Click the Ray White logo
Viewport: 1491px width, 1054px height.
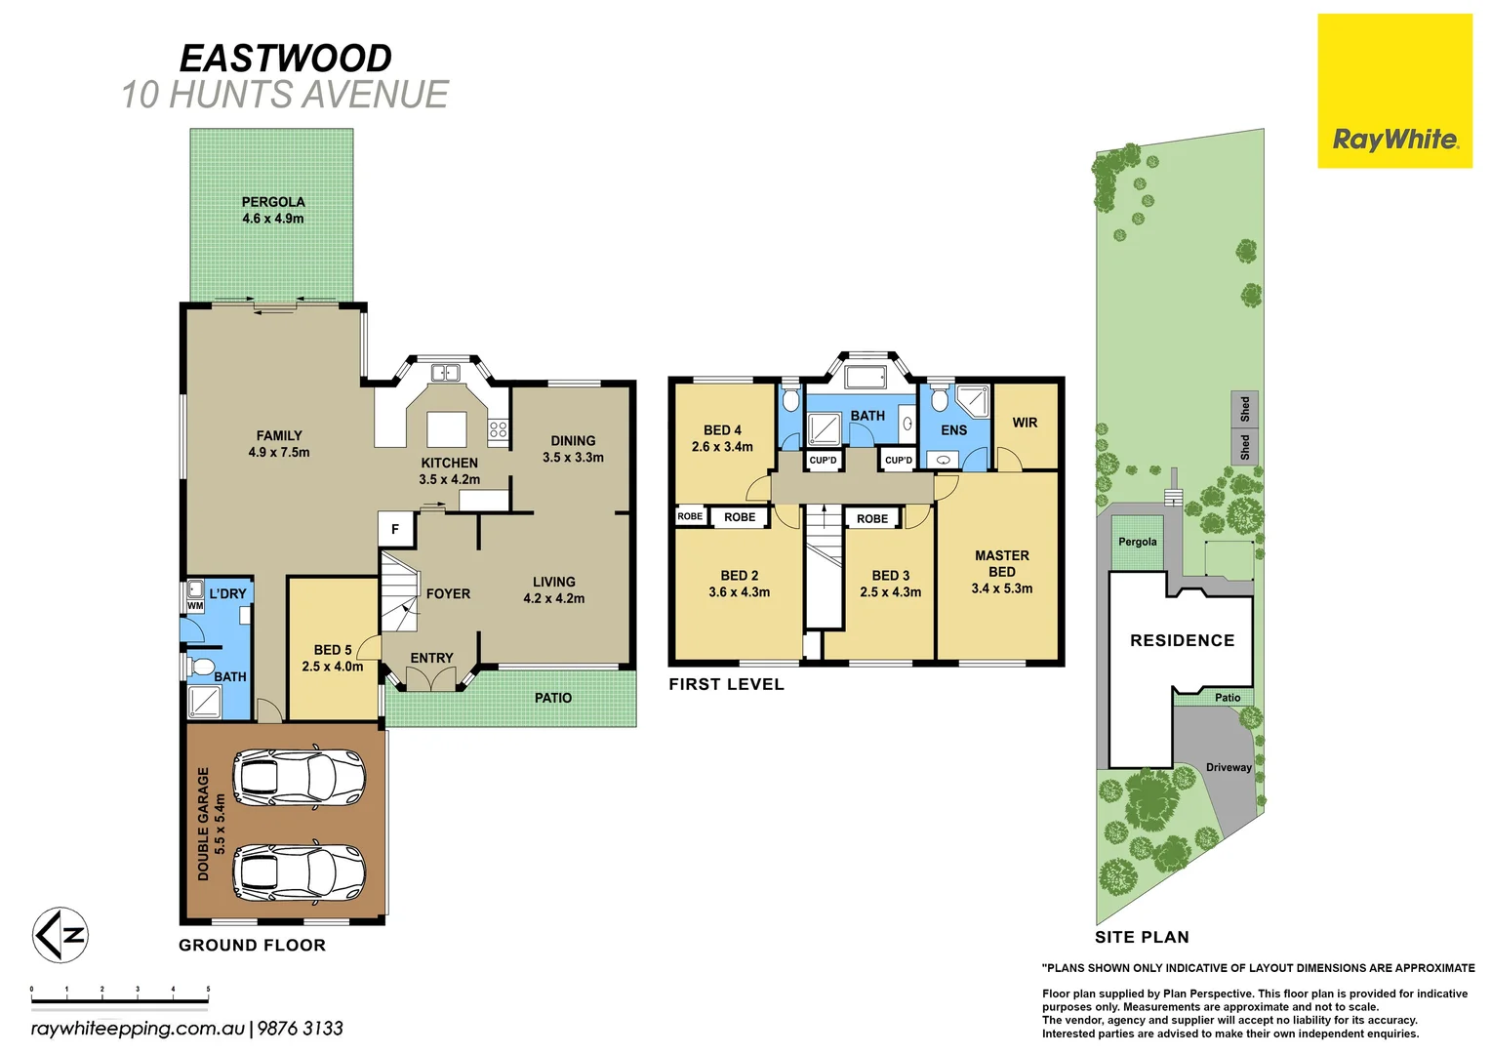pyautogui.click(x=1394, y=140)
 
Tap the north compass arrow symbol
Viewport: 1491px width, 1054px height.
pyautogui.click(x=60, y=935)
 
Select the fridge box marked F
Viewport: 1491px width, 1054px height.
pyautogui.click(x=396, y=529)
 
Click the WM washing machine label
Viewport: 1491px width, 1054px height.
pyautogui.click(x=195, y=606)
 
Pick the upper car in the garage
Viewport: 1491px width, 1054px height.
pyautogui.click(x=299, y=777)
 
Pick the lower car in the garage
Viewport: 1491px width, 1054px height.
pyautogui.click(x=299, y=871)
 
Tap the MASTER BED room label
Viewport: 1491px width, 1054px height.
pyautogui.click(x=1001, y=563)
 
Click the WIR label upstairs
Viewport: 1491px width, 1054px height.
pyautogui.click(x=1025, y=423)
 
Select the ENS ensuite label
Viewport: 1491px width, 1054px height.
pyautogui.click(x=953, y=430)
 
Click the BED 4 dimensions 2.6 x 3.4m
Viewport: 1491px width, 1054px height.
pyautogui.click(x=722, y=447)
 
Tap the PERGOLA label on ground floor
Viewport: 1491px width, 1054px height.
pyautogui.click(x=273, y=202)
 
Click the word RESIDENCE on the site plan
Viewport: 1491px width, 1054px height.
pyautogui.click(x=1182, y=640)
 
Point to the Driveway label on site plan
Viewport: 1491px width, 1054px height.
pyautogui.click(x=1228, y=767)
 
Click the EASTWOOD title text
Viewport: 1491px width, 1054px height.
pyautogui.click(x=286, y=59)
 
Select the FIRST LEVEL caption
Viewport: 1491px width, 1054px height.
pyautogui.click(x=726, y=684)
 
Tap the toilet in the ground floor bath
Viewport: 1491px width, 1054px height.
pyautogui.click(x=202, y=668)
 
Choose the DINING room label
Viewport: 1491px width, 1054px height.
pyautogui.click(x=573, y=440)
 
